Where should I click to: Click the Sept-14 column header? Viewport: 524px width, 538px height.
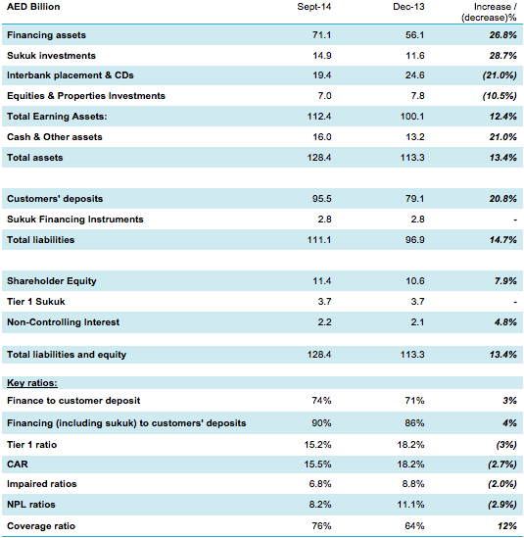(314, 7)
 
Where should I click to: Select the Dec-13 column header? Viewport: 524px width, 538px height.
(408, 7)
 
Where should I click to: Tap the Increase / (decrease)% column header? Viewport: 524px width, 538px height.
(489, 12)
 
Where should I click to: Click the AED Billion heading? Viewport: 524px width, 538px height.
(33, 7)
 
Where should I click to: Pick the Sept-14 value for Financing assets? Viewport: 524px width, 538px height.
(321, 35)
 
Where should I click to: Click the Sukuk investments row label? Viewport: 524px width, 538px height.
(51, 56)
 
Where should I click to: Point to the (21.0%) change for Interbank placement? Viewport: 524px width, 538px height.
(500, 75)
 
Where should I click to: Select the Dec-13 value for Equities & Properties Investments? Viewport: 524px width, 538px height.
(417, 96)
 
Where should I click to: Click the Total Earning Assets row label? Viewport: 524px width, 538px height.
(57, 117)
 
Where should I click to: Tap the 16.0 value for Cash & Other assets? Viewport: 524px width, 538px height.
(321, 137)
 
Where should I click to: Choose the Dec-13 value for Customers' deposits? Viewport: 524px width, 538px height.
(415, 199)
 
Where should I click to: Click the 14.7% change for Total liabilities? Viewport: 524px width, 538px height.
(503, 240)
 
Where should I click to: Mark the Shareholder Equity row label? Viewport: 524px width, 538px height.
(52, 281)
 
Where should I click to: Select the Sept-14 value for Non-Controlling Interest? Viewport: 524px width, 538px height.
(324, 322)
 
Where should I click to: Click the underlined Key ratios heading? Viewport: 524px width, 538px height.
(32, 382)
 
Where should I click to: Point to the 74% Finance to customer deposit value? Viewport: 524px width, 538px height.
(321, 401)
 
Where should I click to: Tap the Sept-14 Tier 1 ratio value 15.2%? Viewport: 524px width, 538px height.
(318, 445)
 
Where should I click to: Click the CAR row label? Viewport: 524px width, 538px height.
(18, 465)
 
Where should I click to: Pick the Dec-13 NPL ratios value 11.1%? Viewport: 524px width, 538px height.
(410, 505)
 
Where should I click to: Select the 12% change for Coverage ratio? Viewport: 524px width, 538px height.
(507, 526)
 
